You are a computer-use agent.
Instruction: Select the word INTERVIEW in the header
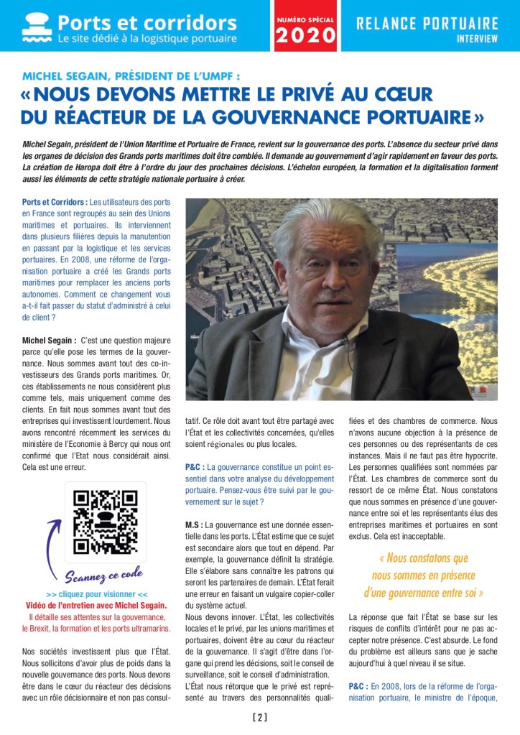click(477, 40)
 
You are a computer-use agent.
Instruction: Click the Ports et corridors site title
click(147, 22)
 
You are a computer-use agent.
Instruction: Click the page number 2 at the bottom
click(260, 717)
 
